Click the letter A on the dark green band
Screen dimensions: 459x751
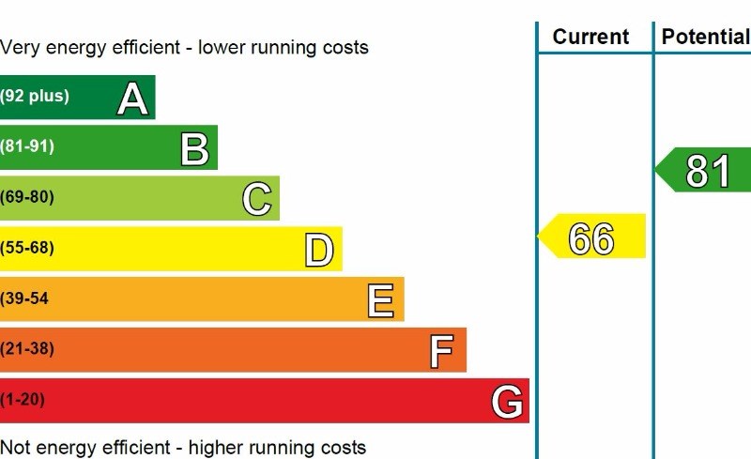pos(133,99)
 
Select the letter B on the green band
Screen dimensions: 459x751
pos(194,149)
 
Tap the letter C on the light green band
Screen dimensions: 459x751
pos(256,200)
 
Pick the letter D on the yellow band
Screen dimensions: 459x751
pos(319,251)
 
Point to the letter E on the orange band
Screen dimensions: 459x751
pos(380,301)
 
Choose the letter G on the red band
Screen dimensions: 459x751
pos(507,403)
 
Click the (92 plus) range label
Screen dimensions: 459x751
pos(35,96)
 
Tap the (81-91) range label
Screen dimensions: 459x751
pos(28,146)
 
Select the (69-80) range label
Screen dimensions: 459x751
pos(28,197)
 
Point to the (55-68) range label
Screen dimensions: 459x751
pos(28,248)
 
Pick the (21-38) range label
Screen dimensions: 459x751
pos(28,349)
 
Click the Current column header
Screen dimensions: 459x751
pos(590,37)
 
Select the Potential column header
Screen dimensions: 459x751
pos(705,37)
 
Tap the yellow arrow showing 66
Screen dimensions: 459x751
pos(592,238)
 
